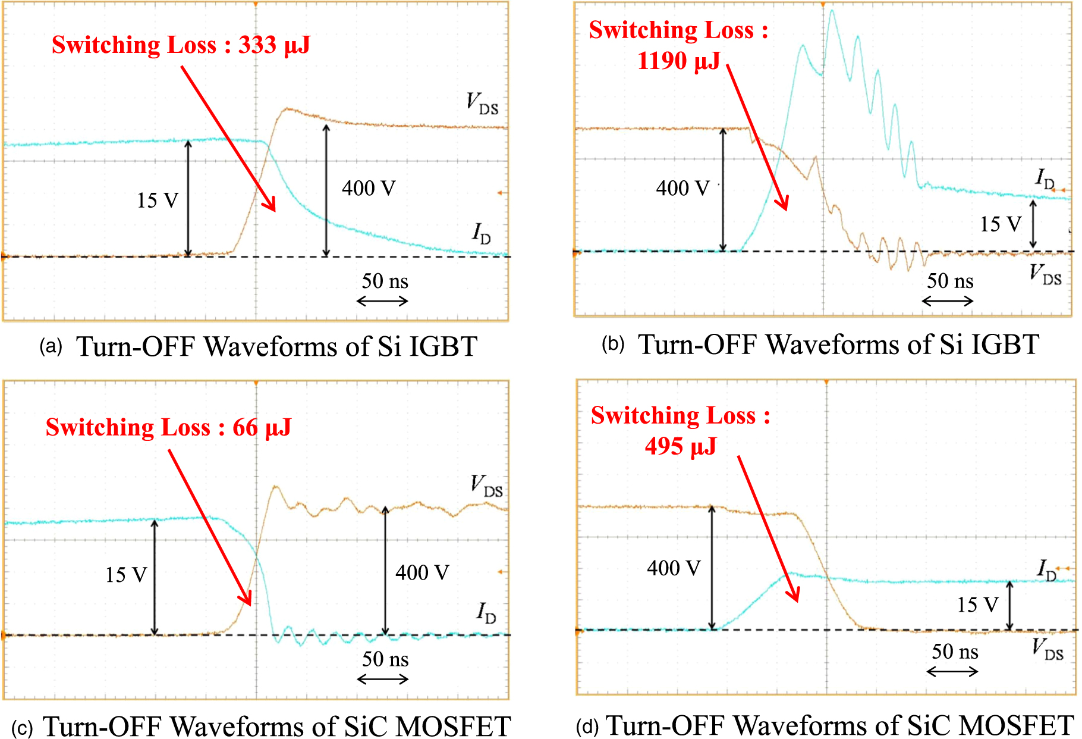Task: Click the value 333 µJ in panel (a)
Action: [274, 45]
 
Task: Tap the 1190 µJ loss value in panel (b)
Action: [678, 61]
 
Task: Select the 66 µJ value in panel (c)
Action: [262, 427]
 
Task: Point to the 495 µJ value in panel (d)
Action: [681, 446]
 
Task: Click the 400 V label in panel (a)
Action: [369, 189]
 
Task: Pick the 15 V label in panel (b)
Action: [1001, 224]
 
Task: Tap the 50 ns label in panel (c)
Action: [385, 659]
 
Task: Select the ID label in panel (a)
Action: [482, 233]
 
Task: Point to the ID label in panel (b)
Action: [1045, 179]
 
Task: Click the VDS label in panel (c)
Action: [486, 486]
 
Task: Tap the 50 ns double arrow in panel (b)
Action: [948, 301]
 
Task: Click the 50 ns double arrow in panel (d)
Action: [952, 672]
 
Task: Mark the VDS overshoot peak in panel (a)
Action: [287, 109]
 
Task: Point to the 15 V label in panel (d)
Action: [977, 605]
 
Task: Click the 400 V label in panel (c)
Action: [422, 572]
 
